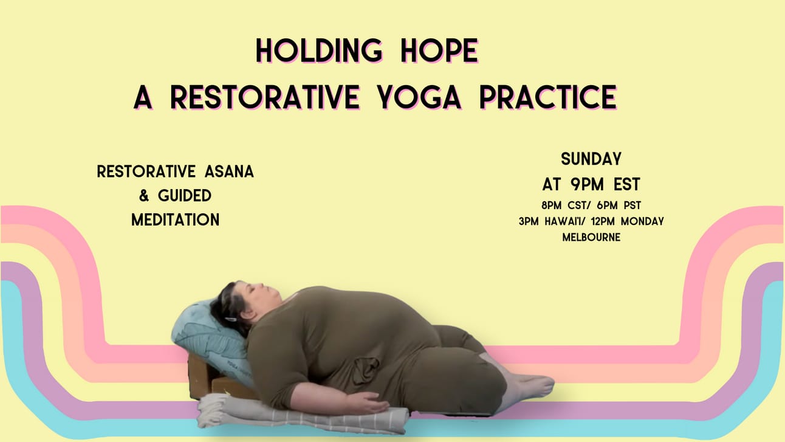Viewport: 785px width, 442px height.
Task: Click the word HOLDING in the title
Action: click(319, 51)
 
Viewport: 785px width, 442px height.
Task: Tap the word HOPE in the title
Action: click(439, 51)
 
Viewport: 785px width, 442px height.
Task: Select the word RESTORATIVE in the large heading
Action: click(265, 97)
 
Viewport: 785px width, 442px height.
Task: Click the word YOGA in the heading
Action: click(419, 97)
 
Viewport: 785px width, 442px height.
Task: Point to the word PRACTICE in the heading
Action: click(548, 97)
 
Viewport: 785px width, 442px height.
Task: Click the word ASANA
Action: click(229, 172)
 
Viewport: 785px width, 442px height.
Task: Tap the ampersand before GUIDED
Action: click(143, 196)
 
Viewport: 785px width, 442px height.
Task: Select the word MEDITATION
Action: click(175, 220)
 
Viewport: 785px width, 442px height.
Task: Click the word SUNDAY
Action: click(591, 159)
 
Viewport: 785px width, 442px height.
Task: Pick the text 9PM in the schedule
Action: click(587, 184)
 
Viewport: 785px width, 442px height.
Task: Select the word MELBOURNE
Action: click(591, 238)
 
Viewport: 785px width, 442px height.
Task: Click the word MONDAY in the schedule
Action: click(642, 221)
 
